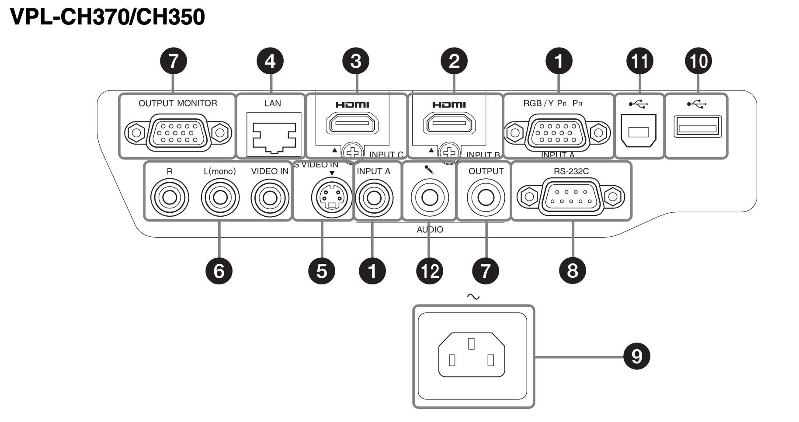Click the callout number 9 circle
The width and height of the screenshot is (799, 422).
636,356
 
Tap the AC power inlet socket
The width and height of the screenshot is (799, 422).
472,355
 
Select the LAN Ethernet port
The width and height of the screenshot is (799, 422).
274,133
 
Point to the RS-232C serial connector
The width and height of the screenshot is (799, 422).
571,197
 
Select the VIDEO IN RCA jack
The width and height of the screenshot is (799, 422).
270,197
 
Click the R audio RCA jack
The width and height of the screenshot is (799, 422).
170,197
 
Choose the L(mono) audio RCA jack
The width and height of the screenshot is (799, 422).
220,197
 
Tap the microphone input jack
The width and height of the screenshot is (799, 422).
429,197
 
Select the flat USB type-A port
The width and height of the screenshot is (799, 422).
697,127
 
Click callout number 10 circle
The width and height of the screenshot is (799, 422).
698,61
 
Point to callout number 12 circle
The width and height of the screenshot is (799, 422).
430,271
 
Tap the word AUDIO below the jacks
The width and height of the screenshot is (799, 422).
430,230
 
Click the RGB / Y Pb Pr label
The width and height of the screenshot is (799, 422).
552,104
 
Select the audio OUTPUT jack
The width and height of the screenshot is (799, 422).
486,197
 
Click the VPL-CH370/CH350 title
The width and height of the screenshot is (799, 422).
108,17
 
